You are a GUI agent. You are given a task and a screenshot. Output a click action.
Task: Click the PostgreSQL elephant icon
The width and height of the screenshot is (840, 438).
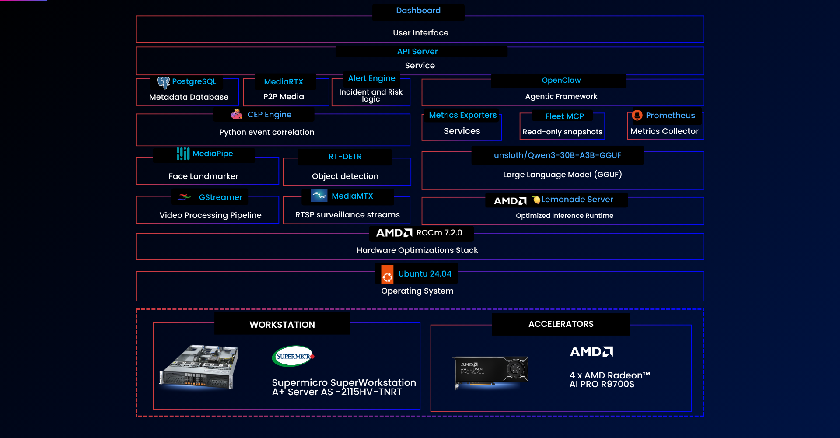click(164, 83)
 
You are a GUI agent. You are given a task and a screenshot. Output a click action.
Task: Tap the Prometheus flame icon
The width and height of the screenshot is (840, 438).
click(637, 115)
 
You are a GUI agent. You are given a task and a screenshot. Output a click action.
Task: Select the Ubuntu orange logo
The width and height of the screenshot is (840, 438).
click(387, 274)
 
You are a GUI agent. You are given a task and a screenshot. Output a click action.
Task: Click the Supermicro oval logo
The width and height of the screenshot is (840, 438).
click(293, 356)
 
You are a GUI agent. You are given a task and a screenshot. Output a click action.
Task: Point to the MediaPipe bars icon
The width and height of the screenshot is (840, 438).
click(183, 154)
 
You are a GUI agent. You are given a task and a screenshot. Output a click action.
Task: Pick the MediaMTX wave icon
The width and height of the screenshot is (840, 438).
click(319, 195)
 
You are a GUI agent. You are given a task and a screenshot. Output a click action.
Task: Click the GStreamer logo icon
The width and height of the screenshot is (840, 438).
click(185, 197)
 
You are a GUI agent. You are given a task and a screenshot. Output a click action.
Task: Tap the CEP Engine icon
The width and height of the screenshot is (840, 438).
click(236, 114)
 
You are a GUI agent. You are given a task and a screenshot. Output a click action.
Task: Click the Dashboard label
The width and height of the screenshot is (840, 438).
click(418, 11)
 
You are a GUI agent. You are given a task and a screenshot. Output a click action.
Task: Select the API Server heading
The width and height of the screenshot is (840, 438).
click(417, 52)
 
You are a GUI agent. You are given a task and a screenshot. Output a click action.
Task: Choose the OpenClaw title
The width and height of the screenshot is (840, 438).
click(561, 81)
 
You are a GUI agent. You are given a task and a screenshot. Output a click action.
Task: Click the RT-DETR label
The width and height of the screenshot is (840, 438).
click(345, 157)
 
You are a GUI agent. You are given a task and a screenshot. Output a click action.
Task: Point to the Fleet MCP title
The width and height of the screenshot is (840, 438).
click(564, 116)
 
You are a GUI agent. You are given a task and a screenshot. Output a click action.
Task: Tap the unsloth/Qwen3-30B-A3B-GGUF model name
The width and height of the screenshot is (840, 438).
click(557, 155)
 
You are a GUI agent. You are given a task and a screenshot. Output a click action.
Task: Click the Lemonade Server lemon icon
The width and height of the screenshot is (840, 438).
click(536, 200)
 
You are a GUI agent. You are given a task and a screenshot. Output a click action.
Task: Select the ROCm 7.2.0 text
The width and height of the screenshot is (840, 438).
click(439, 233)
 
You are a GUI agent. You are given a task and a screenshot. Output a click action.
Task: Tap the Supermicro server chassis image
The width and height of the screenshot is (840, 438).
click(199, 367)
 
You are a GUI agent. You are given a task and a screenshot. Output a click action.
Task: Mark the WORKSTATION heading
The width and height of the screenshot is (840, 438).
click(282, 325)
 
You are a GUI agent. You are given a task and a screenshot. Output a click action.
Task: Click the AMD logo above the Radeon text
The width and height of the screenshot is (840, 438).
click(591, 352)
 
